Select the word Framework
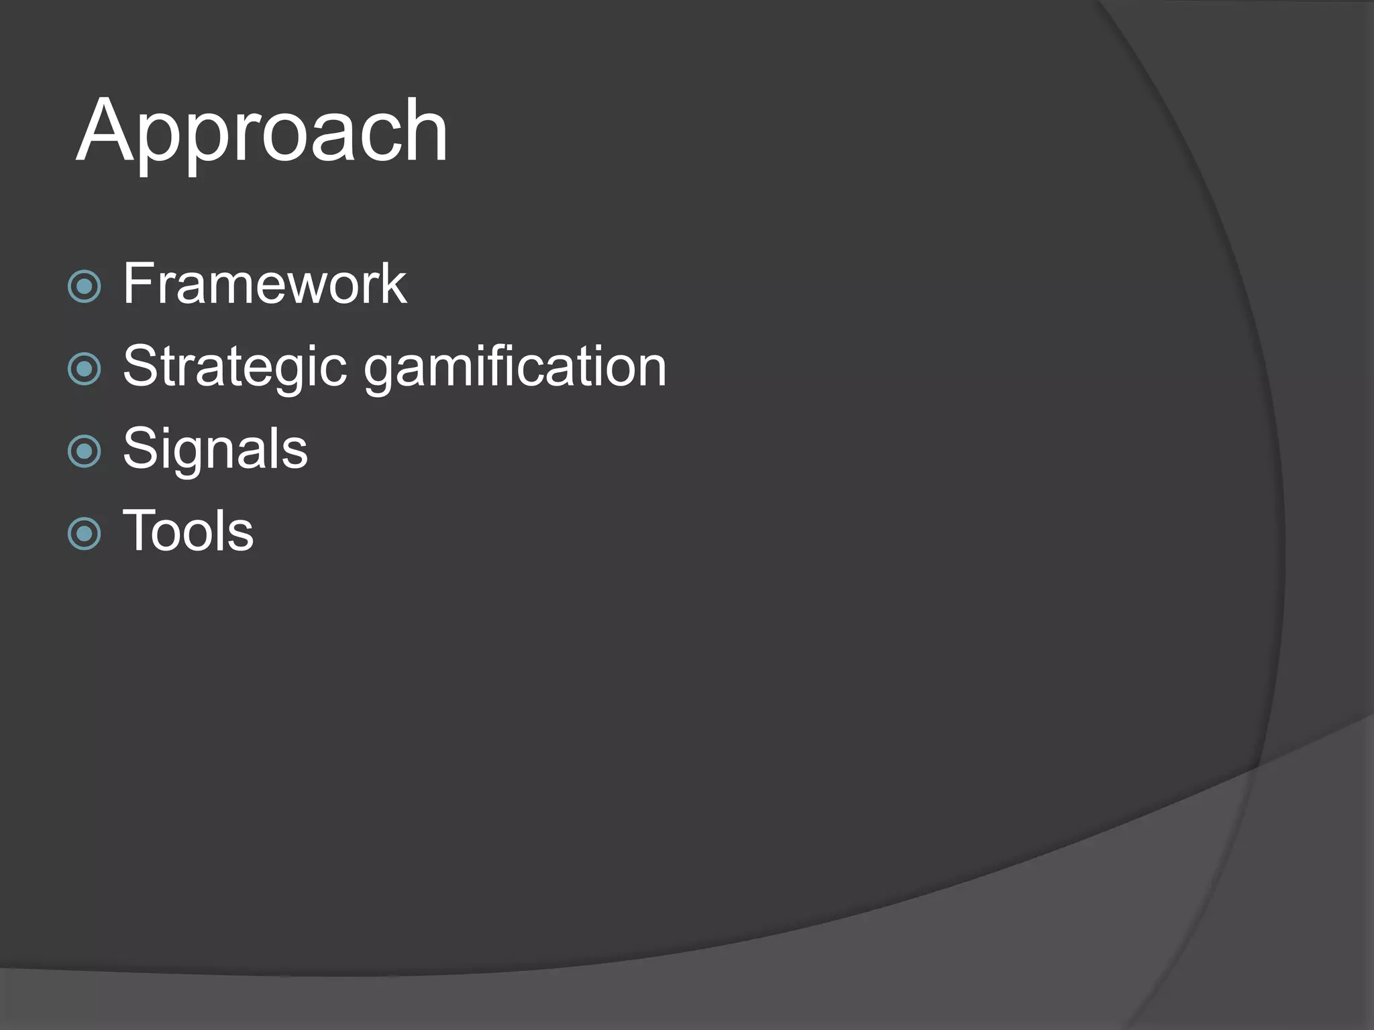click(x=264, y=284)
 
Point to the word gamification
click(x=515, y=367)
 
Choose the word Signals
click(x=215, y=449)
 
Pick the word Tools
click(x=188, y=531)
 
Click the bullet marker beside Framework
click(x=85, y=287)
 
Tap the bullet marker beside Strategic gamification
click(x=85, y=369)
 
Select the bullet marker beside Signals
click(x=85, y=451)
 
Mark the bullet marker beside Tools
click(x=85, y=534)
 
